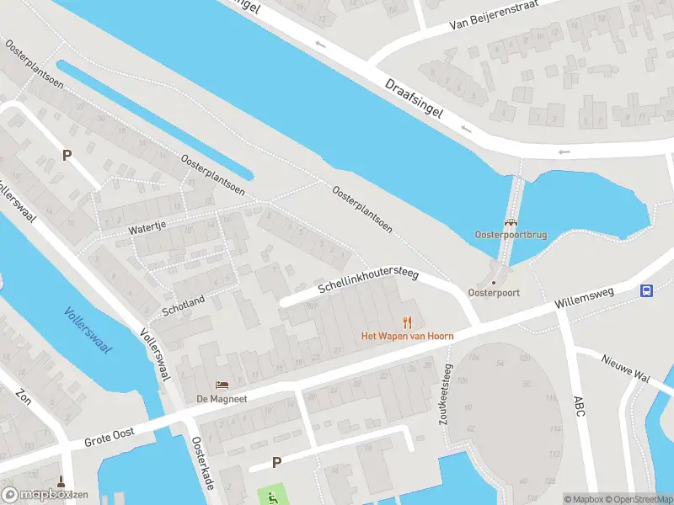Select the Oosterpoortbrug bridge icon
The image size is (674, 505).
click(x=511, y=223)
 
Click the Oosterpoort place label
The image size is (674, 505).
click(x=494, y=293)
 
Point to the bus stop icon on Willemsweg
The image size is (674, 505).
click(x=646, y=291)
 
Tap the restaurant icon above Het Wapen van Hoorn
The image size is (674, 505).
click(x=408, y=322)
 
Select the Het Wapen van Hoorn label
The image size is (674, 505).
click(x=408, y=336)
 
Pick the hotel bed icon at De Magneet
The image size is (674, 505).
click(x=222, y=385)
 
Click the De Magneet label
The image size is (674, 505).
click(x=222, y=399)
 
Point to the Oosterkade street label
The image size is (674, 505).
click(x=203, y=463)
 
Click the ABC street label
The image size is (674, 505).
click(x=578, y=408)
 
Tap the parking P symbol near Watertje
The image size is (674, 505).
click(x=67, y=155)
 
